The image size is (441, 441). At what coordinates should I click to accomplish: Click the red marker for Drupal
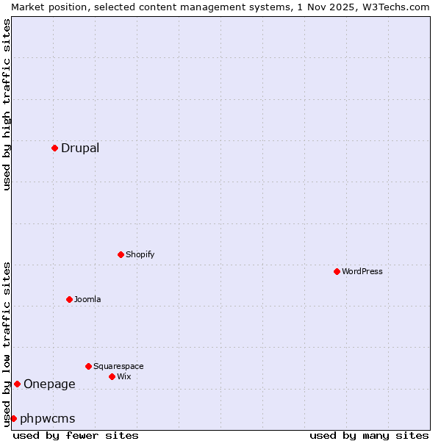point(54,148)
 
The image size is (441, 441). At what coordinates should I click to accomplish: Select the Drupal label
point(80,148)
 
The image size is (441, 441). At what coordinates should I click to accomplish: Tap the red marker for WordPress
point(337,271)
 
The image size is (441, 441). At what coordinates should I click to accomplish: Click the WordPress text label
point(362,272)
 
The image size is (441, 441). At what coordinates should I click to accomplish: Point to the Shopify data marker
point(121,254)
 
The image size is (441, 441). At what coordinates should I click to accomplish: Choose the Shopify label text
point(140,255)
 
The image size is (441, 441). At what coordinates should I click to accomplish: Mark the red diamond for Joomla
point(69,299)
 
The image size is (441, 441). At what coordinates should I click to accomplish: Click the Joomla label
point(87,300)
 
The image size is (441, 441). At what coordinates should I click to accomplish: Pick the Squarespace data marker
point(88,366)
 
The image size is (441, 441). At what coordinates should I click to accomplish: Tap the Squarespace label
point(118,367)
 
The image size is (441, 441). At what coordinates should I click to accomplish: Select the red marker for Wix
point(112,376)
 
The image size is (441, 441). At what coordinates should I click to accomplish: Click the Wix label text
point(124,377)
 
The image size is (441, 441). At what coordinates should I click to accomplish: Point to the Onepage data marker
point(17,384)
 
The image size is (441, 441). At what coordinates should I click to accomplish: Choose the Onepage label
point(49,384)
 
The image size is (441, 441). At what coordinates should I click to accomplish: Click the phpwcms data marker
point(13,418)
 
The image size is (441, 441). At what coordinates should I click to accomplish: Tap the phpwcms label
point(48,419)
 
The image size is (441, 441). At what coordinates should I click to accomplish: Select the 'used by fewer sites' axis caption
point(76,435)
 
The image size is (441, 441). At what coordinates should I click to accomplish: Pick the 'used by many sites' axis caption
point(369,435)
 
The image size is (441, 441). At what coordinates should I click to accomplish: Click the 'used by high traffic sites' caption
point(7,105)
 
